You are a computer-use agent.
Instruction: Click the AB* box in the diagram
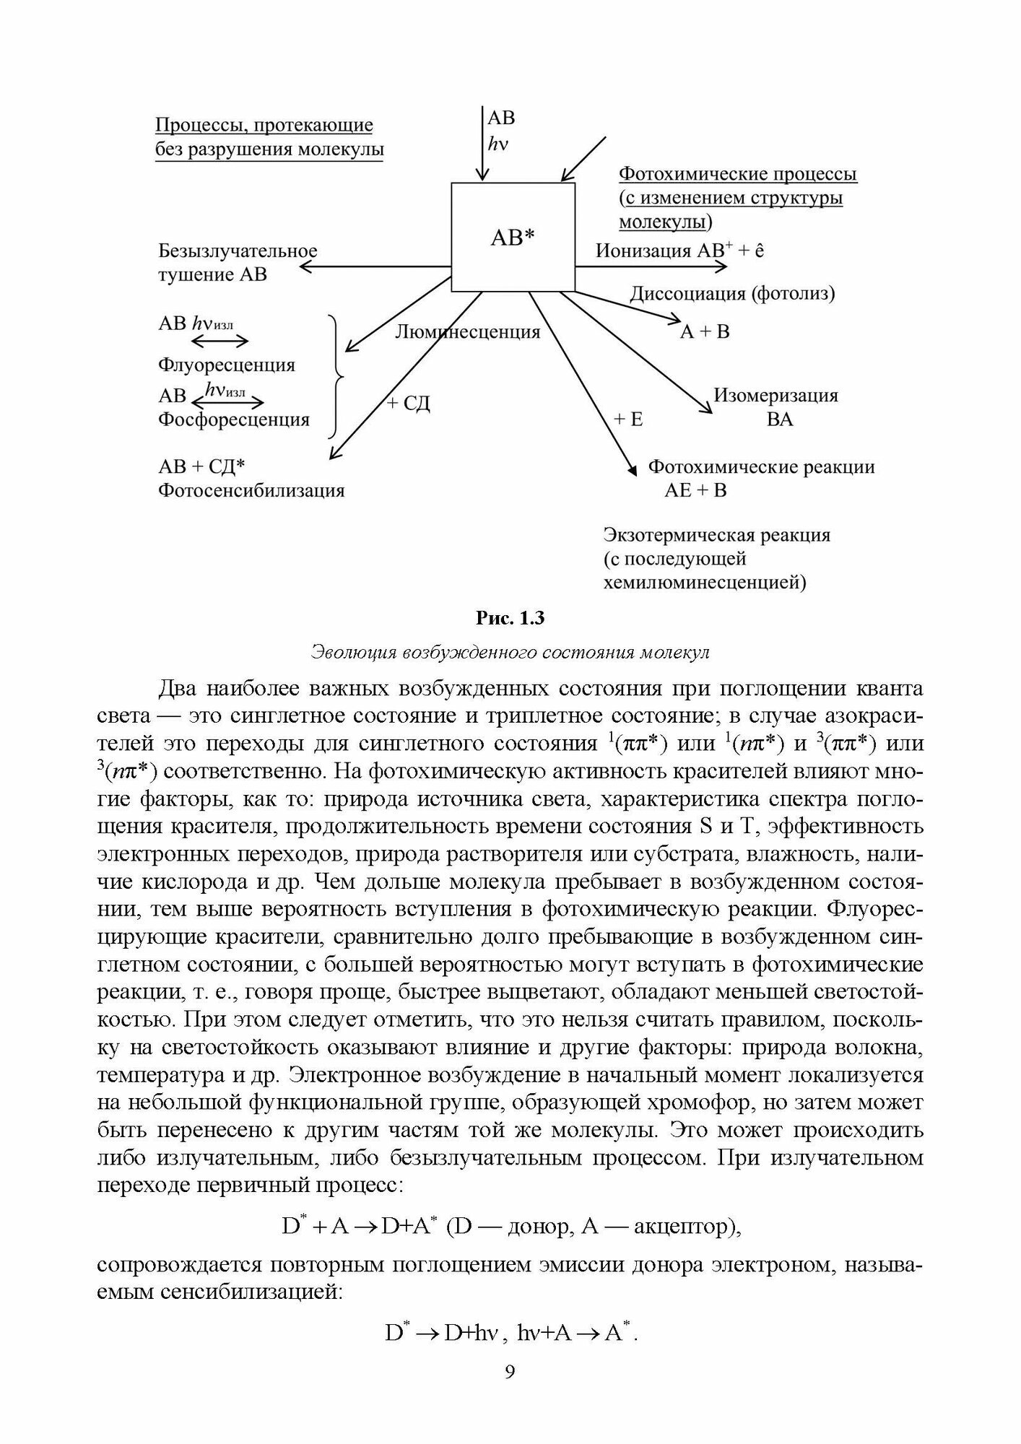pyautogui.click(x=513, y=237)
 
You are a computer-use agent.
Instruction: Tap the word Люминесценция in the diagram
pyautogui.click(x=467, y=331)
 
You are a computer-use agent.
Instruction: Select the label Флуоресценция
pyautogui.click(x=226, y=365)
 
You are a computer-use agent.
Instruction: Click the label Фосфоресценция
pyautogui.click(x=233, y=419)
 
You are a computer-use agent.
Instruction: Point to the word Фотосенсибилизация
pyautogui.click(x=251, y=491)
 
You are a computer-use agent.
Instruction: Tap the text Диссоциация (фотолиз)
pyautogui.click(x=732, y=294)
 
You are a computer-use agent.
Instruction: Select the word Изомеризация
pyautogui.click(x=775, y=396)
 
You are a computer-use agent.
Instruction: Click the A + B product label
pyautogui.click(x=705, y=331)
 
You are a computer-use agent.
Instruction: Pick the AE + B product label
pyautogui.click(x=695, y=491)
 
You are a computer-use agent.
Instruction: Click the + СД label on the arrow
pyautogui.click(x=408, y=403)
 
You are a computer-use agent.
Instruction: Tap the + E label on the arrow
pyautogui.click(x=627, y=419)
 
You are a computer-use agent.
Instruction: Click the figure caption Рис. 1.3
pyautogui.click(x=510, y=619)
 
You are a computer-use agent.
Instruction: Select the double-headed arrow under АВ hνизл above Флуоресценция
pyautogui.click(x=230, y=341)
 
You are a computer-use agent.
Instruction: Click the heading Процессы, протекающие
pyautogui.click(x=264, y=126)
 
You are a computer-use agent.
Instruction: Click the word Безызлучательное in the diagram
pyautogui.click(x=238, y=251)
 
